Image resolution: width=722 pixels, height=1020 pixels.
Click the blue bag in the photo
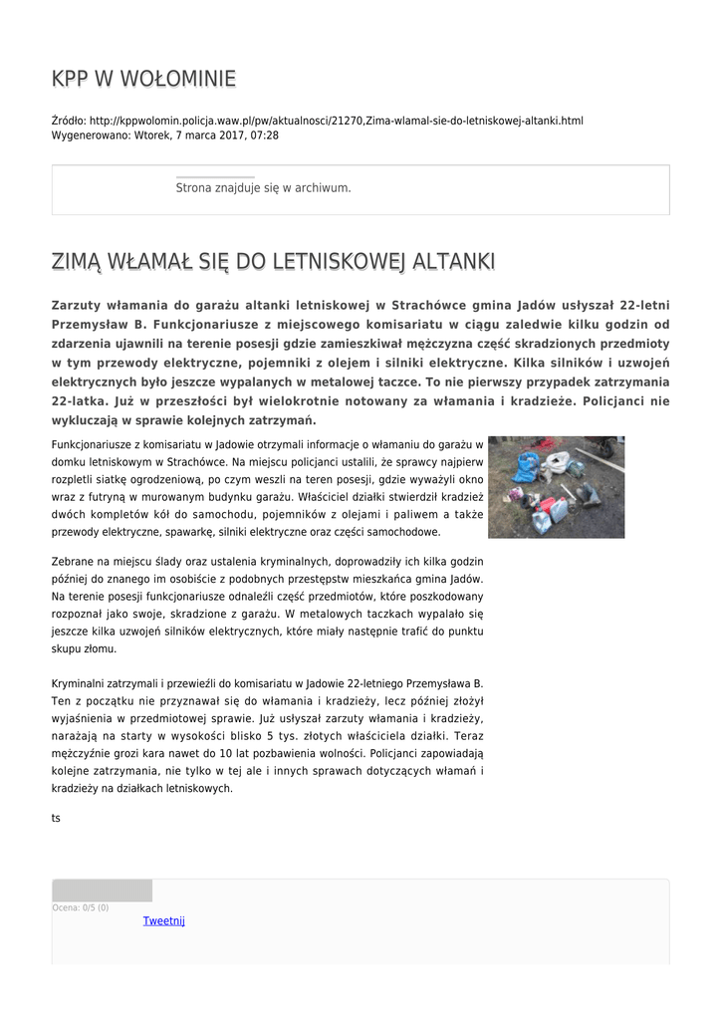tap(525, 465)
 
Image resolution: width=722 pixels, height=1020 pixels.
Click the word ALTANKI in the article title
tap(449, 262)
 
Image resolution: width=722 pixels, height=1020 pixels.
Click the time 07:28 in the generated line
tap(266, 134)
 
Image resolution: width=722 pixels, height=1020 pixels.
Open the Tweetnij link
tap(164, 920)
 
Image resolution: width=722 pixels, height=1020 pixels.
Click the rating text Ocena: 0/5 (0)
tap(81, 907)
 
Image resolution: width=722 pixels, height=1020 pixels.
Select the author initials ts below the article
tap(56, 817)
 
